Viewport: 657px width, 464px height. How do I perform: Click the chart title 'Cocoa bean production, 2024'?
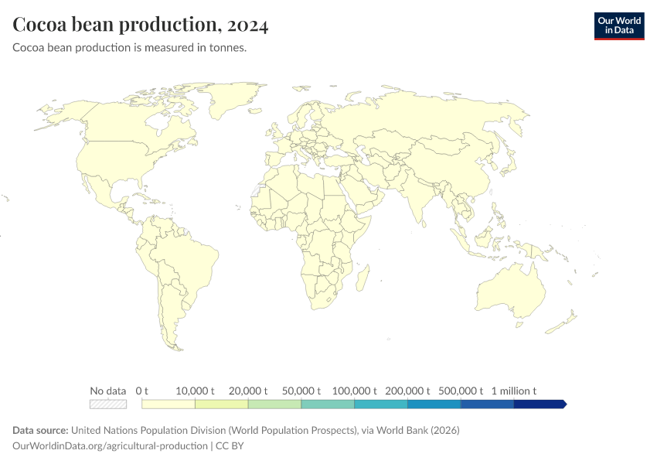point(141,26)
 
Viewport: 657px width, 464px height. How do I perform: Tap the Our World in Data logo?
point(618,25)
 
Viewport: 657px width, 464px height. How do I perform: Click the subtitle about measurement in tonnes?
point(130,48)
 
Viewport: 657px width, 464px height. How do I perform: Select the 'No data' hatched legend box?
point(108,404)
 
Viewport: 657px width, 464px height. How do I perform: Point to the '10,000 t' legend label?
point(196,391)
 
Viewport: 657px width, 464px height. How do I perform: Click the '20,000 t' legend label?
point(248,391)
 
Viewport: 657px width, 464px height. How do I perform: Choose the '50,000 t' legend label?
point(301,391)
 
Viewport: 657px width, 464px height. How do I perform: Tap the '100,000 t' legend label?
point(354,391)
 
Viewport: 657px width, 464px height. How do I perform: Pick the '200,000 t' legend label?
point(407,391)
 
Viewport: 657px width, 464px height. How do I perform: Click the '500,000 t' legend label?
point(461,391)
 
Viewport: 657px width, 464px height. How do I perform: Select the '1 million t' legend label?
point(513,391)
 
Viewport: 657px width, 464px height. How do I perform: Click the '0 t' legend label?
point(141,391)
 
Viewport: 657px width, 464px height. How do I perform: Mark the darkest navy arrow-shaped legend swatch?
point(540,404)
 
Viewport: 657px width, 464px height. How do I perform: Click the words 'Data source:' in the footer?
point(40,430)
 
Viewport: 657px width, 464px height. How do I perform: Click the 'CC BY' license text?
point(231,445)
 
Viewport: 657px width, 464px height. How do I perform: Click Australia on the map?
point(510,290)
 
